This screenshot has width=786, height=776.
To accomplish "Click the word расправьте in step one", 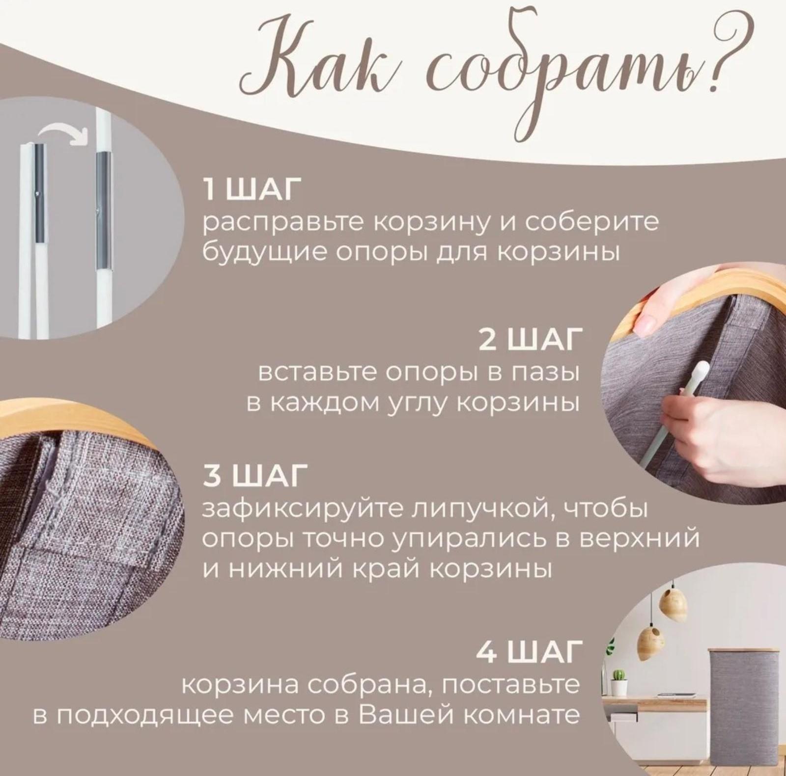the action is [285, 222].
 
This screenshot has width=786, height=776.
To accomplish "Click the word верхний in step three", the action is [639, 538].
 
